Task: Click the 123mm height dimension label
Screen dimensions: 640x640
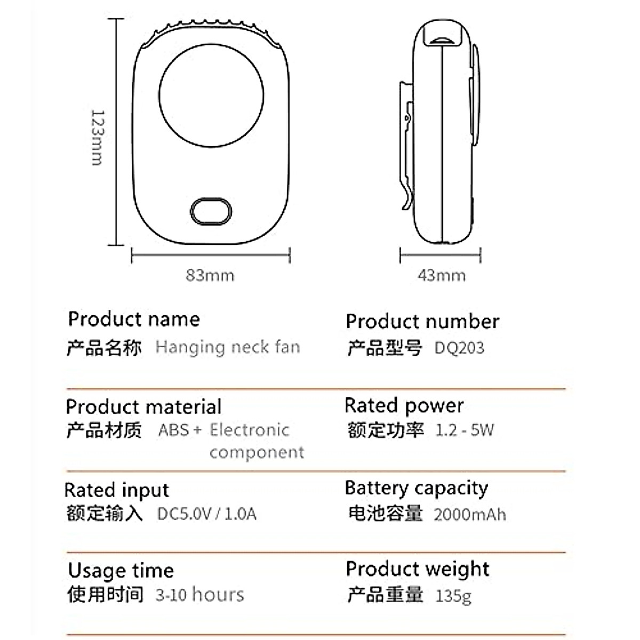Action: (x=97, y=138)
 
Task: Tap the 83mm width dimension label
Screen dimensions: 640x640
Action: (x=210, y=275)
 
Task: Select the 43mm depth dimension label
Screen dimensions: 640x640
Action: (x=441, y=275)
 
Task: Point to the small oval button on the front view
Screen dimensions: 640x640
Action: (x=211, y=212)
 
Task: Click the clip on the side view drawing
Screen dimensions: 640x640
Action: (x=407, y=144)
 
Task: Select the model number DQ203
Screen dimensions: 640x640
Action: (x=459, y=348)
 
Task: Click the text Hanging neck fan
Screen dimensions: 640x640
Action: (x=228, y=347)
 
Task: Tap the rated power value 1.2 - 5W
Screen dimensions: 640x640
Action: (x=465, y=430)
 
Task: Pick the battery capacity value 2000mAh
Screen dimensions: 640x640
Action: (x=470, y=515)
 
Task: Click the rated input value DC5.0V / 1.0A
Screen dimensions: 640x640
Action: (x=207, y=514)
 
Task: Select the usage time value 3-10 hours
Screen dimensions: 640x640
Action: (x=200, y=595)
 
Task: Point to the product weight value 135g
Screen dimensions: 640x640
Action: (x=453, y=595)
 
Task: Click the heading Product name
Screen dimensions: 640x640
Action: (x=134, y=319)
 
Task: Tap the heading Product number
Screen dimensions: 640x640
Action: (x=422, y=322)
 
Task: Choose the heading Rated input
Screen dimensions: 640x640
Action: (x=117, y=490)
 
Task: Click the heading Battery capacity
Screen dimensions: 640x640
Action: (x=417, y=488)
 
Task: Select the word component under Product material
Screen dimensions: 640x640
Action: (x=257, y=452)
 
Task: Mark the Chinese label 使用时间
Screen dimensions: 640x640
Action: (x=105, y=594)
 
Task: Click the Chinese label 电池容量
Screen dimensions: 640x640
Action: (x=385, y=514)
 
